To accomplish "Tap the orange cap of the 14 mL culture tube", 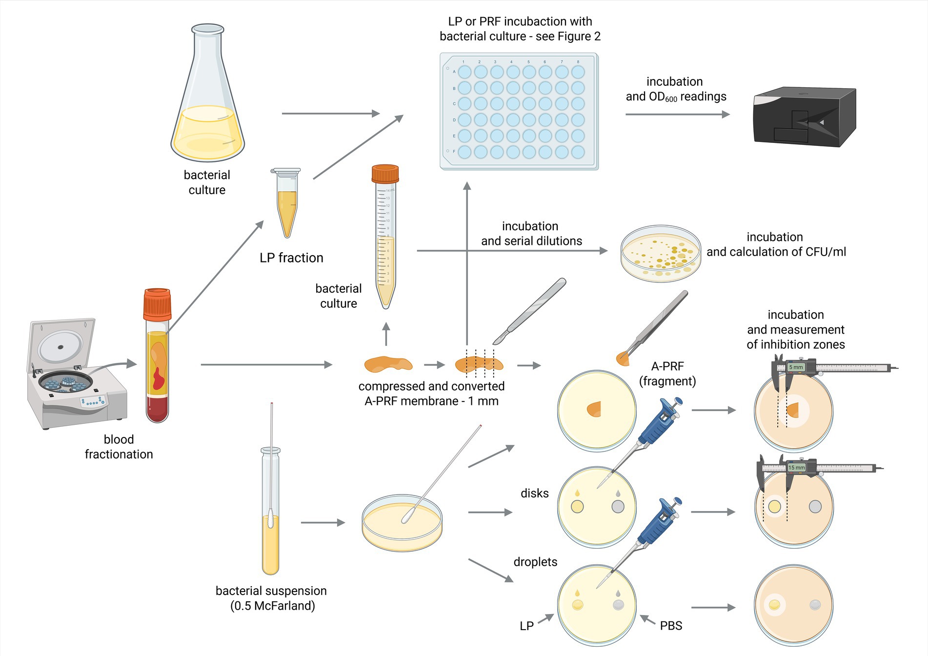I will point(385,174).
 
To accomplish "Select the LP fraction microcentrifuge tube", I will point(287,202).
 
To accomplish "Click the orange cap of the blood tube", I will point(157,303).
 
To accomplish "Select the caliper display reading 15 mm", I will point(796,467).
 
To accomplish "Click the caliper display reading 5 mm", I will point(796,367).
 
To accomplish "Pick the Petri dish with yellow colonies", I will point(661,254).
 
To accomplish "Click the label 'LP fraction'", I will point(291,258).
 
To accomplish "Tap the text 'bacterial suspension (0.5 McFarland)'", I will point(271,598).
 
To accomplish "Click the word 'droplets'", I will point(535,562).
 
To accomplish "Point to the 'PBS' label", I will point(671,626).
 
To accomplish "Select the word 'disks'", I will point(534,493).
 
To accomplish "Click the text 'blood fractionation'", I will point(119,447).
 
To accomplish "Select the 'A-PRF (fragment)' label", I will point(667,374).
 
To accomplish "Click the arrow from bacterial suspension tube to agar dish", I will point(323,522).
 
